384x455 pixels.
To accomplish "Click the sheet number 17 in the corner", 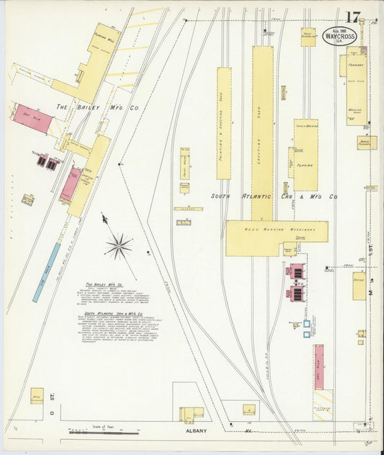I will coord(352,17).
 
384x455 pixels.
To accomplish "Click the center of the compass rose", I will coord(118,245).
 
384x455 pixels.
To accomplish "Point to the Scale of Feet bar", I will coord(104,433).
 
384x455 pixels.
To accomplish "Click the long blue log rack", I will coord(47,271).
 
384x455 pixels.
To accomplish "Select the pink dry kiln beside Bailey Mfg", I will coord(32,120).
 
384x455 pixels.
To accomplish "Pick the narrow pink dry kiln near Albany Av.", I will coord(318,366).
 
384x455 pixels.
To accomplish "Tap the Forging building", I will coord(305,154).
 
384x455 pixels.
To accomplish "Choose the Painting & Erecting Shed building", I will coord(224,122).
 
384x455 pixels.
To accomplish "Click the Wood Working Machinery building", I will coord(276,238).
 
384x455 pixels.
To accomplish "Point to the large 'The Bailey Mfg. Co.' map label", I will coord(98,107).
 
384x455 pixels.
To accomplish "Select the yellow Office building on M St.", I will coord(358,286).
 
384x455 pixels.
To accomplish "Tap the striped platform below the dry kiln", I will coord(322,405).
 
